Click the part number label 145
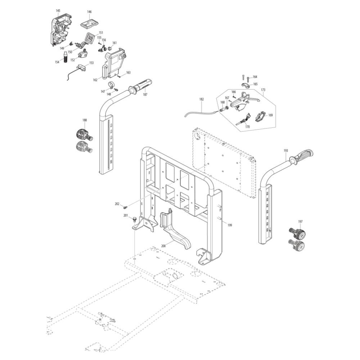pos(58,11)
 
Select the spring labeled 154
pos(66,57)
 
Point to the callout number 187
pos(145,94)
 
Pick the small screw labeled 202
pos(125,207)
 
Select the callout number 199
pos(229,225)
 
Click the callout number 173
pos(263,90)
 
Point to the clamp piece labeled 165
pos(246,85)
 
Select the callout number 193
pos(285,150)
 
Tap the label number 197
pos(300,221)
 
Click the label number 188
pos(85,120)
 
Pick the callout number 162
pos(95,80)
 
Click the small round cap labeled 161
pos(110,49)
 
